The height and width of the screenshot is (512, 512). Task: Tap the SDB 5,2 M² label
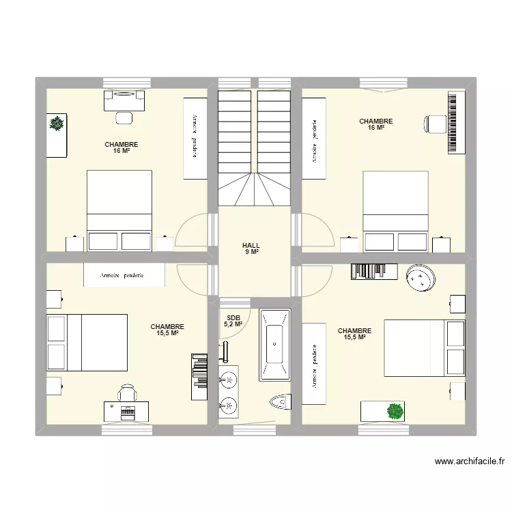(x=233, y=320)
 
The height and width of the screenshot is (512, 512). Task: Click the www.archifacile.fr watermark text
(x=470, y=461)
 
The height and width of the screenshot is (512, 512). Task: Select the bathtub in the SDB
(x=274, y=345)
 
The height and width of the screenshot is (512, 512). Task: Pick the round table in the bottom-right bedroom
(x=422, y=277)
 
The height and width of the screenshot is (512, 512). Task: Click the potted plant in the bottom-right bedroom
(x=394, y=410)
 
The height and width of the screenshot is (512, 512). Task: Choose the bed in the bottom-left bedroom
(x=87, y=342)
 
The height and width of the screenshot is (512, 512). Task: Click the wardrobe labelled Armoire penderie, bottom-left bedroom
(x=124, y=275)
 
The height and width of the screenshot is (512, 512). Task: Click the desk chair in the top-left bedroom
(x=124, y=117)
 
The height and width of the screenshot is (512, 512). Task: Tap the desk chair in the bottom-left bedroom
(x=127, y=393)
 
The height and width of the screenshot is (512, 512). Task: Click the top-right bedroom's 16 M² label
(x=376, y=124)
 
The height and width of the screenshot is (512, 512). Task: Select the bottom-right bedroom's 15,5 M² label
(x=354, y=334)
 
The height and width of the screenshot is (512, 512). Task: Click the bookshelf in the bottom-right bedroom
(x=374, y=271)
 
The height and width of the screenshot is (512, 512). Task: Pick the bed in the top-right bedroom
(x=395, y=210)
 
